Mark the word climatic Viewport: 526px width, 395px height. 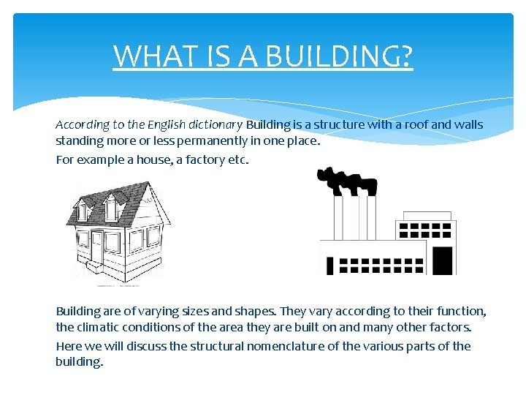coord(99,327)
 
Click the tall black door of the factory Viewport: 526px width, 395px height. coord(443,260)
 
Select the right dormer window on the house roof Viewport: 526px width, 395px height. coord(111,208)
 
